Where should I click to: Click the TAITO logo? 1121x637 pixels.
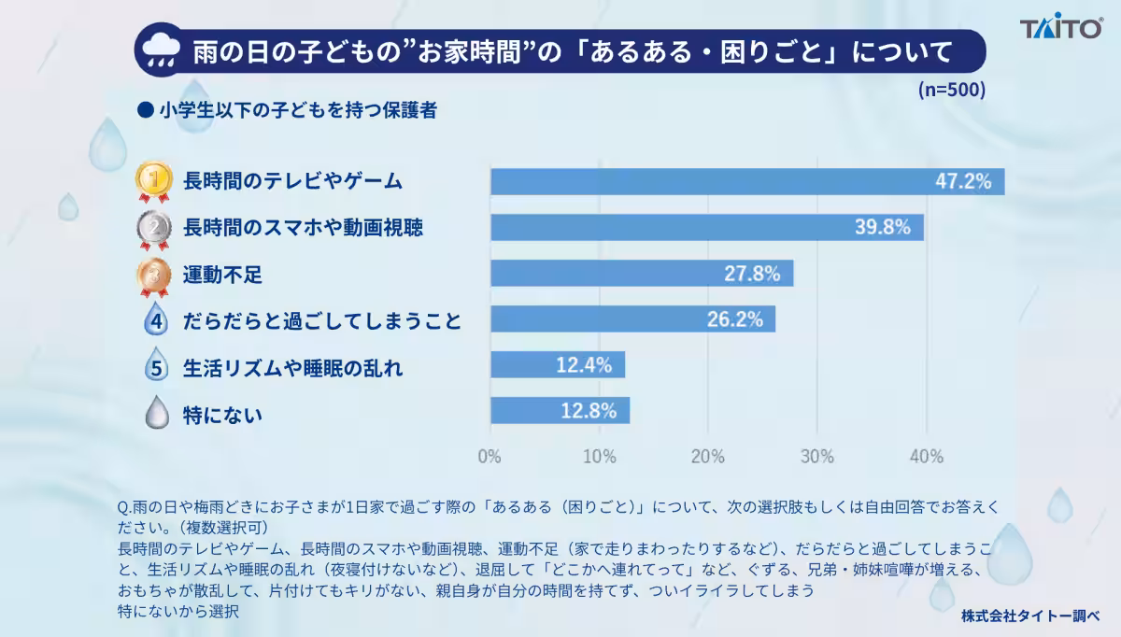[1061, 26]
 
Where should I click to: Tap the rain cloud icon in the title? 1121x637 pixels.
[161, 51]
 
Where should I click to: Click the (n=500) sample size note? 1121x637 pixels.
[951, 90]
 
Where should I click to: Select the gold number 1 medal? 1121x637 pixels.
[154, 181]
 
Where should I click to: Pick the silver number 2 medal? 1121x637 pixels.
[154, 230]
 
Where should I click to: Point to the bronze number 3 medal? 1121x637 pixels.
[154, 276]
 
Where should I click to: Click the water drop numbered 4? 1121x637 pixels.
[156, 318]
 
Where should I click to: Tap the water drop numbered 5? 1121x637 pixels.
[156, 365]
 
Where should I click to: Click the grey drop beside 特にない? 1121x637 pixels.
[157, 412]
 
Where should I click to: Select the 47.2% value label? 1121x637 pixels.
[963, 181]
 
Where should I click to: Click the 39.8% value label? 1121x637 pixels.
[882, 227]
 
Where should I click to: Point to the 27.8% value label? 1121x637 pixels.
[752, 274]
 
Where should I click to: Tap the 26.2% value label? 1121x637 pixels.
[734, 319]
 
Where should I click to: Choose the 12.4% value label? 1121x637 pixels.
[584, 365]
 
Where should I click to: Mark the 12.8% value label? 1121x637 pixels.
[589, 411]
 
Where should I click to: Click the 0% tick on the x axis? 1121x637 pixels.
[490, 457]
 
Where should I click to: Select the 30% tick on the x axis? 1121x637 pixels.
[817, 457]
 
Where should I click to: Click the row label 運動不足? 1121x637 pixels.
[222, 275]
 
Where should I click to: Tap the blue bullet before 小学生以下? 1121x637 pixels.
[145, 110]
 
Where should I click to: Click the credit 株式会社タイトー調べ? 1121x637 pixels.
[1029, 616]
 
